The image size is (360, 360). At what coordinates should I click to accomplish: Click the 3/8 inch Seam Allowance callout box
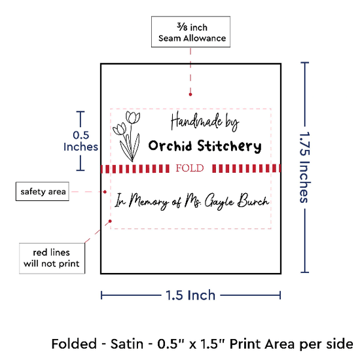(190, 31)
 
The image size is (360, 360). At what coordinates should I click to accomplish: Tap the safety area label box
(43, 192)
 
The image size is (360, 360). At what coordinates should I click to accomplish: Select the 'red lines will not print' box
(52, 259)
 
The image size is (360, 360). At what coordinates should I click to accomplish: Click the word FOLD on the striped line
(190, 168)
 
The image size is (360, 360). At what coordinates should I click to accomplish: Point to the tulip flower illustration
(126, 136)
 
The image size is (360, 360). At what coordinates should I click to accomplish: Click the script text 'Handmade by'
(205, 122)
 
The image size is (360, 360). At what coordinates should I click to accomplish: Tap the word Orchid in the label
(170, 145)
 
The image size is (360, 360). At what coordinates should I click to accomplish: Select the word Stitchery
(229, 146)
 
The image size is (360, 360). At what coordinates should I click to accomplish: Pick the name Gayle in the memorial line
(219, 202)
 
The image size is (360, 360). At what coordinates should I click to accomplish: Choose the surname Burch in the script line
(253, 200)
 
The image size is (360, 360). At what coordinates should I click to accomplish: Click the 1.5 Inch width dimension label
(190, 295)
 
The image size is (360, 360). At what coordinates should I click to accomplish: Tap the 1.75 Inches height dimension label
(305, 167)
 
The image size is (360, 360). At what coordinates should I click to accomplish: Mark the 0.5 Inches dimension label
(81, 141)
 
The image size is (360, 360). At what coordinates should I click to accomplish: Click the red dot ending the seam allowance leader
(190, 94)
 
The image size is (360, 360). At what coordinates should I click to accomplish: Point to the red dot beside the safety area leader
(105, 192)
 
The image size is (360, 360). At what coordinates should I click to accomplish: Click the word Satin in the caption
(127, 344)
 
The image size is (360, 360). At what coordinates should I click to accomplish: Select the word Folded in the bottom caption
(74, 344)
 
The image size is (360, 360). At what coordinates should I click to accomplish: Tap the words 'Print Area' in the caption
(262, 344)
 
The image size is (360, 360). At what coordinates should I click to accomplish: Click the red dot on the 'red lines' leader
(110, 221)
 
